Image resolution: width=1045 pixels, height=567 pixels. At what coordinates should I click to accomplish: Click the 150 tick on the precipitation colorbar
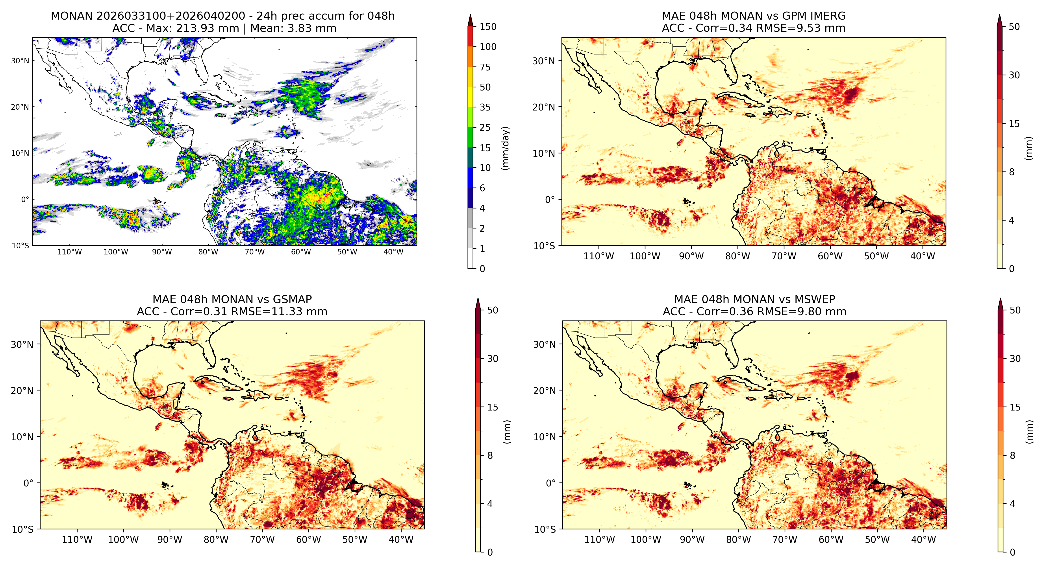pos(488,27)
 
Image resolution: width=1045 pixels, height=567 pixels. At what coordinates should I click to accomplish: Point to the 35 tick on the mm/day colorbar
pos(485,107)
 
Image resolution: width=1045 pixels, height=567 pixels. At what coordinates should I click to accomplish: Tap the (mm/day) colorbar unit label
pos(506,148)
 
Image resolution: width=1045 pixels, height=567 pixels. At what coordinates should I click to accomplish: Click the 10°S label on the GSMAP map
pos(23,529)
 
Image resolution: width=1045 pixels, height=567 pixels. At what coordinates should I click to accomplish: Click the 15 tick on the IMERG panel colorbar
pos(1014,124)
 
